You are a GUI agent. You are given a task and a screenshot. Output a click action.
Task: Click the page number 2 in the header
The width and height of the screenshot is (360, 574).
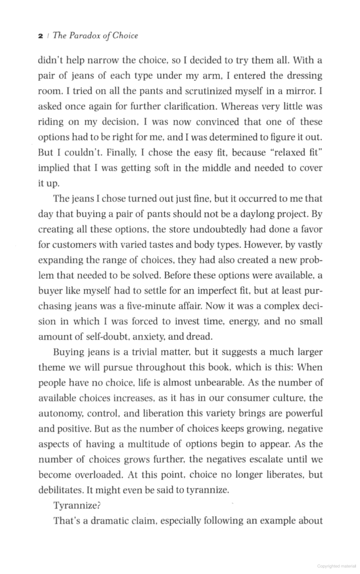point(40,36)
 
